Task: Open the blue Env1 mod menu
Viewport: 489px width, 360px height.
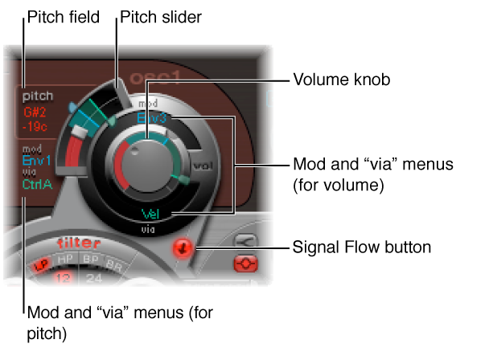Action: point(36,161)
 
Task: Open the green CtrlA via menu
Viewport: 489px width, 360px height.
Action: point(37,183)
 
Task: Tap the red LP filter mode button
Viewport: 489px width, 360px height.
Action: point(39,264)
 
